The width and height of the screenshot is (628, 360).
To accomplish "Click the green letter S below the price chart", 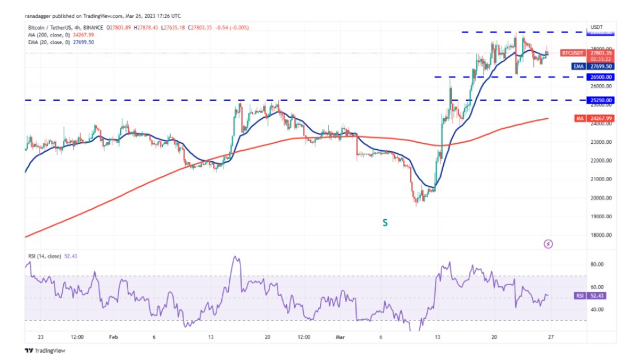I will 385,223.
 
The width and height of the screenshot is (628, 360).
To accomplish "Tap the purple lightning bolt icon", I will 548,244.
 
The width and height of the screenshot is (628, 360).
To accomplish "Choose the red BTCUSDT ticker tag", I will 572,53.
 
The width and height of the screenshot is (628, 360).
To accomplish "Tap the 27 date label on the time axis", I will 551,337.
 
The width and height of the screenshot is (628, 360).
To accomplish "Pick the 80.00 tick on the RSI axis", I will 597,265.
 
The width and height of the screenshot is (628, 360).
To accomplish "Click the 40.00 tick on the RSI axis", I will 597,309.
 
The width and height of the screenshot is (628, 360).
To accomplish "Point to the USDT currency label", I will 597,27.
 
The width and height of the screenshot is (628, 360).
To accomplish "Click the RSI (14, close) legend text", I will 44,256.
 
